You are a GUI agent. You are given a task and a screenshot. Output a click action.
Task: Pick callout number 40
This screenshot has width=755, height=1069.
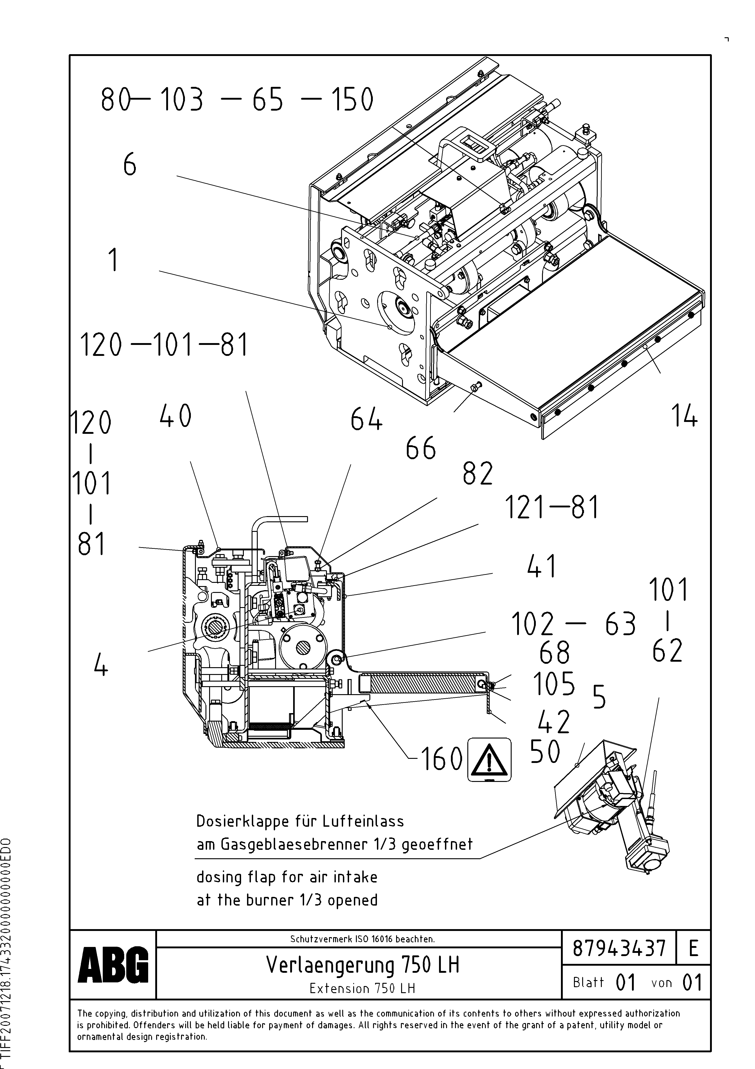click(x=175, y=416)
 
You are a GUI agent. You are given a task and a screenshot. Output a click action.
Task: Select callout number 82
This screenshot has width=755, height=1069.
click(x=478, y=474)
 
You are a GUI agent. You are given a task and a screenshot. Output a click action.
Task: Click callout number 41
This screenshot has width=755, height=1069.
click(x=542, y=567)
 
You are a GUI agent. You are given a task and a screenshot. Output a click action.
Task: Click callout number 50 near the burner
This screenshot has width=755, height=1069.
click(x=545, y=752)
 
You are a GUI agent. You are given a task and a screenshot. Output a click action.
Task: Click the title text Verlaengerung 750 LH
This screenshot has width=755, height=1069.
click(x=362, y=965)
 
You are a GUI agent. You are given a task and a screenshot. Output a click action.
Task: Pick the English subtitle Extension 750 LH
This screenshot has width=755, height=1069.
click(x=362, y=988)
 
